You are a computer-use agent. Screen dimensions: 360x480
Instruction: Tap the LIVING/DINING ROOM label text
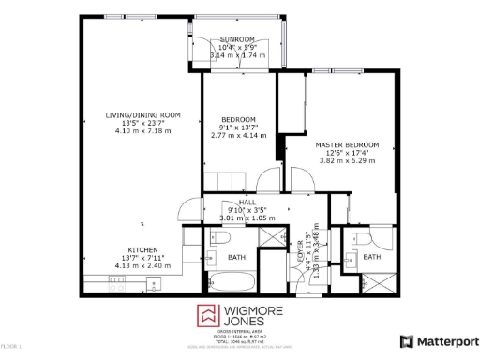point(142,115)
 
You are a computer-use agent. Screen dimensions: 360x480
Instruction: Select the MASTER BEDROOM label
point(347,145)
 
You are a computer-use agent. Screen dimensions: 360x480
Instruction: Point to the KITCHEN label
point(142,250)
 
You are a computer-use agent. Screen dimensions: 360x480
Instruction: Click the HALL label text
point(247,202)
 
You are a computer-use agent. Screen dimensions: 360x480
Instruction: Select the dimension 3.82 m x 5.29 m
point(347,161)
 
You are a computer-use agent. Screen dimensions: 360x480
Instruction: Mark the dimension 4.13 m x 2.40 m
point(142,265)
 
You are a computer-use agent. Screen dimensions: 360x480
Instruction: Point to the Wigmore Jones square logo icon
point(206,316)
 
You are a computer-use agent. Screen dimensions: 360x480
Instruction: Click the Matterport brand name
point(446,341)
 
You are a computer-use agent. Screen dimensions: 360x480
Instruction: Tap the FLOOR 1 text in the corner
point(11,347)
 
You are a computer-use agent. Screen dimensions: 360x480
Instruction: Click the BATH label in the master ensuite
point(372,257)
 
